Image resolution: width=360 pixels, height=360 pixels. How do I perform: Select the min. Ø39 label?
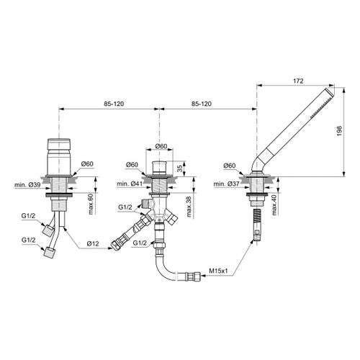click(27, 186)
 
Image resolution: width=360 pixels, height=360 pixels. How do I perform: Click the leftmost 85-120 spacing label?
click(109, 104)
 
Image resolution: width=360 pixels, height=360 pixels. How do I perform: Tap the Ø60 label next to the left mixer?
click(87, 165)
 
